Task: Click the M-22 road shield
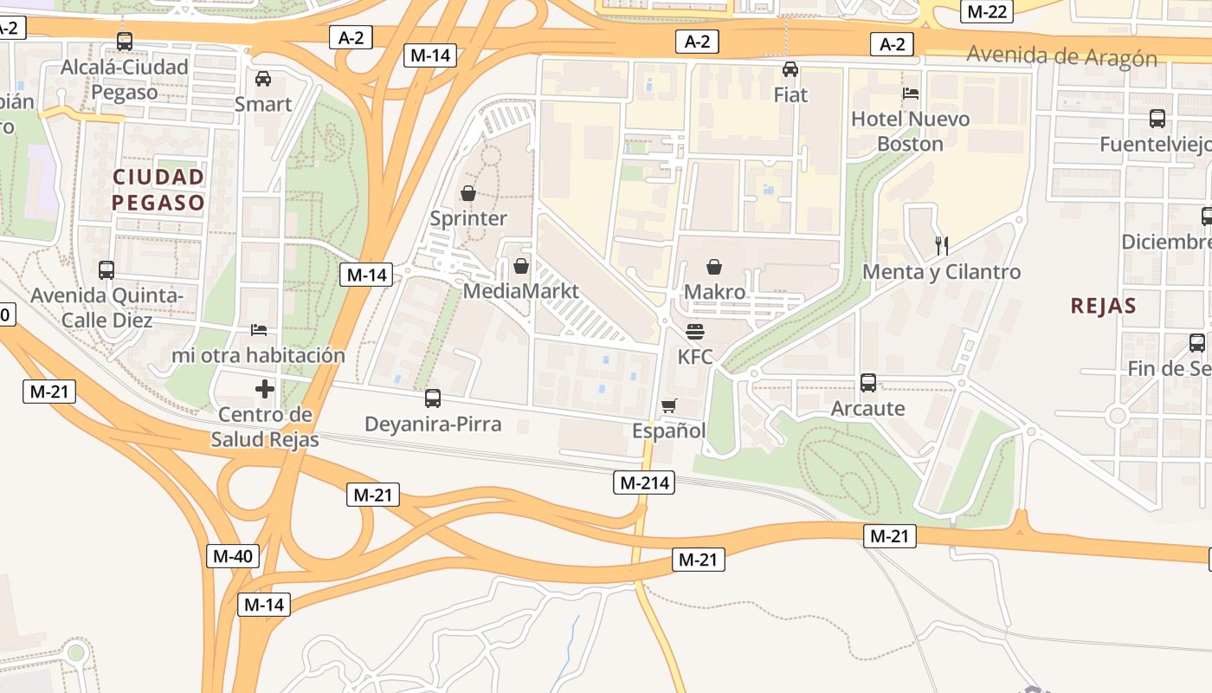987,11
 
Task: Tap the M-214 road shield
644,483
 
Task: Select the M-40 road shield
233,556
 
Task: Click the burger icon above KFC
694,331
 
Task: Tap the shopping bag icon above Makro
714,267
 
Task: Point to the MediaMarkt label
520,290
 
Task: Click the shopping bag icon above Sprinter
468,192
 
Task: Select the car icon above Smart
263,79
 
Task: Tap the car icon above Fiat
790,69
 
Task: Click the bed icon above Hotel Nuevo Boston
911,93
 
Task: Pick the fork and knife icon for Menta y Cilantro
942,246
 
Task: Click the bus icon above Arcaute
868,382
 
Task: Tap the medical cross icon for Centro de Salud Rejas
265,389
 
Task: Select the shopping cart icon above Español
668,405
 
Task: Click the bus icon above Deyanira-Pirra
433,398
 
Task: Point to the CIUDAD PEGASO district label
158,190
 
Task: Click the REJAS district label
1103,305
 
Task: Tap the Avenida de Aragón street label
1061,57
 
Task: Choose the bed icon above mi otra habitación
258,329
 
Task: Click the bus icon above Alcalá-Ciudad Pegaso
125,41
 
